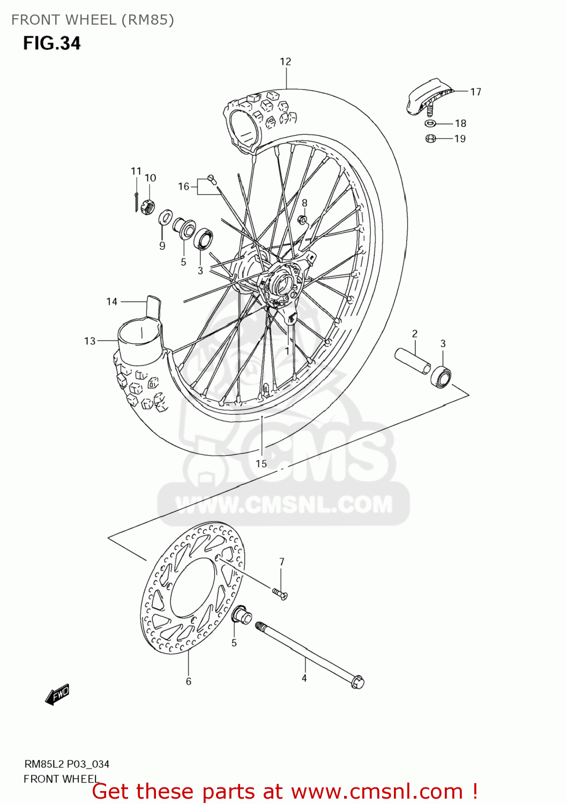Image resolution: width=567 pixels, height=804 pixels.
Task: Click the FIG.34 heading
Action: [x=51, y=43]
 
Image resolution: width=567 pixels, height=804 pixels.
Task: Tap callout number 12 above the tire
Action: [x=285, y=62]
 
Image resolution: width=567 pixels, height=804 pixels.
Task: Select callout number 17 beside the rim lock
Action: [x=475, y=92]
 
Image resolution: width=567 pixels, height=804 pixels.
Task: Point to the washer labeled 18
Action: [x=430, y=124]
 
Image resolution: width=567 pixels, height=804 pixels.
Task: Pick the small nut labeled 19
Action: [x=430, y=139]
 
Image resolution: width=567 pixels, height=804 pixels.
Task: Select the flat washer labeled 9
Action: [x=165, y=219]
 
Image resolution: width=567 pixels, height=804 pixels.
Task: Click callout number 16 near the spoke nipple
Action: [x=183, y=187]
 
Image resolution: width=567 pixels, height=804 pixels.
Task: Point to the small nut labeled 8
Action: [x=303, y=219]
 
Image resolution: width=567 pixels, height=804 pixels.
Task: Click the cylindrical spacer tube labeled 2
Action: [x=413, y=361]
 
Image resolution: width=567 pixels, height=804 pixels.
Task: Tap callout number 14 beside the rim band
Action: [x=111, y=301]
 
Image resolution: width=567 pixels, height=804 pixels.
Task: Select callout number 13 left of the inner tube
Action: [x=89, y=341]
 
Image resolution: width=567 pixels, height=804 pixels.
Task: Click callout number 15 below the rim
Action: [x=261, y=464]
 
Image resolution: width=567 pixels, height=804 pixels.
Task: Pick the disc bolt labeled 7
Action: [x=280, y=593]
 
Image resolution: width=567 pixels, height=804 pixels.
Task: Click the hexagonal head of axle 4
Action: [x=357, y=682]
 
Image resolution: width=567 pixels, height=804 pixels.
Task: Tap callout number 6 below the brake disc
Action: [x=188, y=681]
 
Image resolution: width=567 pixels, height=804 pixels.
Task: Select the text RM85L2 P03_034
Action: [x=66, y=764]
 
